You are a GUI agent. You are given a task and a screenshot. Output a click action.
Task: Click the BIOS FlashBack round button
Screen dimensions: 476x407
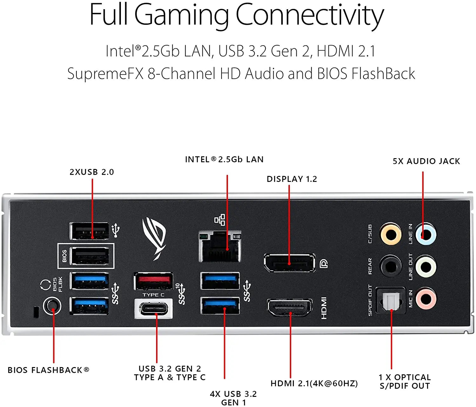coord(52,306)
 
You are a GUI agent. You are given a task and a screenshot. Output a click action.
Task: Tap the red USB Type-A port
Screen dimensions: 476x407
coord(154,281)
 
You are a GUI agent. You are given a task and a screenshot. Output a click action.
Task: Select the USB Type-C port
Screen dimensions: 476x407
coord(154,308)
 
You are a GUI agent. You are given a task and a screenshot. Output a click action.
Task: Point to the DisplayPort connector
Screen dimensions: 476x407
coord(290,263)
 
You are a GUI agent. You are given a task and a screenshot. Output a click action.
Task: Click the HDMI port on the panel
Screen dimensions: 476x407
coord(290,307)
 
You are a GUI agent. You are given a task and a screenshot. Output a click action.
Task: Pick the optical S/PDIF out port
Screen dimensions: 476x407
coord(391,300)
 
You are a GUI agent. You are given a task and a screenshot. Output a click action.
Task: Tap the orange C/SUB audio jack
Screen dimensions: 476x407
coord(391,234)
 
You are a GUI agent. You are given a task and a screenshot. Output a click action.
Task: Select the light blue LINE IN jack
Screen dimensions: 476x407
coord(426,234)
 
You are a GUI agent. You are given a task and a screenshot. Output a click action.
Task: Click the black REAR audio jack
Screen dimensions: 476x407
coord(391,266)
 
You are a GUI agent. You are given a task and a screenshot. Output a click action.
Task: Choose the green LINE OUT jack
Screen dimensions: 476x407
coord(426,267)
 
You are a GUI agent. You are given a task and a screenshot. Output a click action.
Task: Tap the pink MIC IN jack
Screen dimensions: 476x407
coord(426,299)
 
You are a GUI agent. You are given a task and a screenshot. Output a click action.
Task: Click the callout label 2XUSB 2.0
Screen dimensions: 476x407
coord(92,172)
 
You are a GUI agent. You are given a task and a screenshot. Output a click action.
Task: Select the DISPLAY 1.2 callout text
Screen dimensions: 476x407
coord(292,179)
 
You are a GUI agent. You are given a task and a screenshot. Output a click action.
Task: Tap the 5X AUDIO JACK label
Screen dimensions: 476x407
coord(426,161)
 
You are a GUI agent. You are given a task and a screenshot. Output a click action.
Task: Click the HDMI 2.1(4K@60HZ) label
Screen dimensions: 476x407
coord(314,383)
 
